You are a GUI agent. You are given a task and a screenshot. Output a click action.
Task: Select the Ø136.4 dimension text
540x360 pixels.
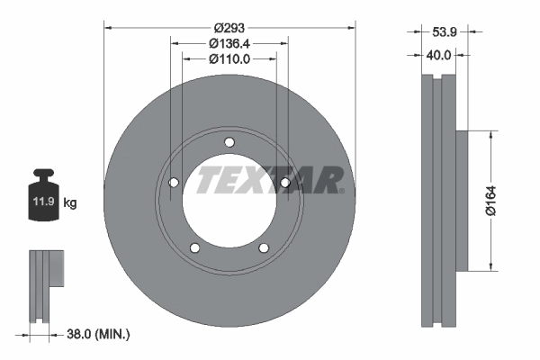pos(229,42)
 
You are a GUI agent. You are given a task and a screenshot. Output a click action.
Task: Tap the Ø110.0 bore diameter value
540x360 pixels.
pos(229,58)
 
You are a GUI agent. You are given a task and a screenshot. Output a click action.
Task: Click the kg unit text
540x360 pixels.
pos(70,203)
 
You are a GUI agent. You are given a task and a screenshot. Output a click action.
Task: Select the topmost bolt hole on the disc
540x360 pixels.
pos(229,141)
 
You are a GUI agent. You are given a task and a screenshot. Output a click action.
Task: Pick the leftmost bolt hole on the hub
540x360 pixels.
pos(174,183)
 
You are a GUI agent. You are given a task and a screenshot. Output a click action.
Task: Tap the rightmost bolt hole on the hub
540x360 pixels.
pos(285,183)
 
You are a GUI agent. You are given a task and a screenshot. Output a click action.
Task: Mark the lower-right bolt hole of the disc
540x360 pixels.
pos(264,249)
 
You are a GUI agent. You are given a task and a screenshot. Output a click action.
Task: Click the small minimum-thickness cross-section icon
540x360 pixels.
pos(45,286)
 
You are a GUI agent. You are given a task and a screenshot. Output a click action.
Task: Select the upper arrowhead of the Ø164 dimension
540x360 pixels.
pos(490,135)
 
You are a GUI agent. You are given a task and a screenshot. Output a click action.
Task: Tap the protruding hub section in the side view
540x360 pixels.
pos(463,201)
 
